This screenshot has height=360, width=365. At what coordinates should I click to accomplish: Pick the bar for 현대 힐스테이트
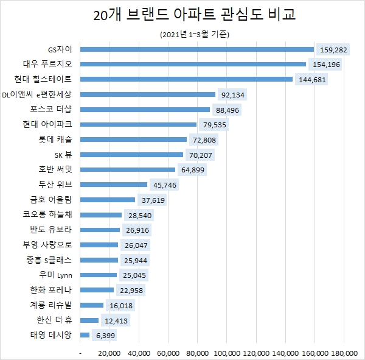(x=186, y=79)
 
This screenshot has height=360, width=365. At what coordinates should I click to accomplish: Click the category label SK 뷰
(x=63, y=155)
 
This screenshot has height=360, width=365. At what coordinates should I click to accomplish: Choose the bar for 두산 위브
(x=114, y=185)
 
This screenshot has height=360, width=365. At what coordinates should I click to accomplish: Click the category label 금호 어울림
(x=55, y=200)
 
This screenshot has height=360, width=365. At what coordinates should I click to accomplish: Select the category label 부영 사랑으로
(x=52, y=245)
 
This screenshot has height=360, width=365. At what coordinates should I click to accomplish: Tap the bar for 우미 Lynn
(x=99, y=275)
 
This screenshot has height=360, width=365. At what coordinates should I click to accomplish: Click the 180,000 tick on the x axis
(x=344, y=353)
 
